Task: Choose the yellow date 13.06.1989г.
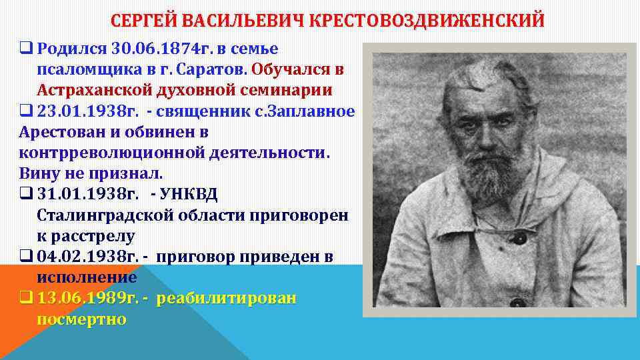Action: click(x=85, y=299)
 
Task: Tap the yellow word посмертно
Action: click(x=81, y=319)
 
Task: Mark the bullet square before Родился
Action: click(x=26, y=49)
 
